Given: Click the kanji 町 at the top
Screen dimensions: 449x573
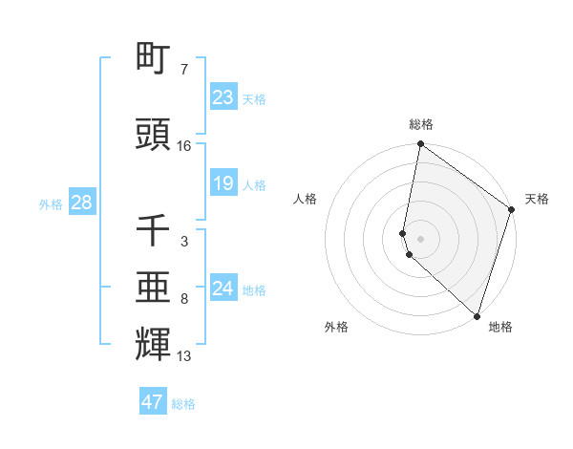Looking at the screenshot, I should pos(153,58).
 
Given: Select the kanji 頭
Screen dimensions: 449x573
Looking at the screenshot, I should pos(153,134).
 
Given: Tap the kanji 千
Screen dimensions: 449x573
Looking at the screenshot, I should pos(153,230).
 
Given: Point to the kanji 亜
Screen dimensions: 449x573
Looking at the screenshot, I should pos(153,288).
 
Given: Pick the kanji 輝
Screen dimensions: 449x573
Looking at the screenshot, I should pos(153,345).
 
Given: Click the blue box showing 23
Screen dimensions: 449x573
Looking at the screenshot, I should pos(223,97).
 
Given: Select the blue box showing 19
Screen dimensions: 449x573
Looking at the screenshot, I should pos(223,183).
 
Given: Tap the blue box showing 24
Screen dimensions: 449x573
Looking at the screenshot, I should pos(223,289).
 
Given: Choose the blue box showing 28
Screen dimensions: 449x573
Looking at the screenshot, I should pos(81,203).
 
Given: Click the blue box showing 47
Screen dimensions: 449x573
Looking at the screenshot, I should pos(153,402).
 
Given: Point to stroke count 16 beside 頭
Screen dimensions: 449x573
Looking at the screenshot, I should pos(184,146).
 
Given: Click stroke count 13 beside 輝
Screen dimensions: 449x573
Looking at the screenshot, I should pos(184,356).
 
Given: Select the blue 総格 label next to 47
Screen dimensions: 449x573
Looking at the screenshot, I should pos(183,404).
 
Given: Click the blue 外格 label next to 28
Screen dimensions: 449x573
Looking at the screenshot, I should pos(50,204).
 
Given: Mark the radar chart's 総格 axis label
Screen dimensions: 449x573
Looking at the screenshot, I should pos(421,124).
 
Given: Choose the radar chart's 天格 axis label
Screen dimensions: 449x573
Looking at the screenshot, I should pos(537,199).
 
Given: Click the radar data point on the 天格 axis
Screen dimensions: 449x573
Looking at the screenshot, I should pos(512,209).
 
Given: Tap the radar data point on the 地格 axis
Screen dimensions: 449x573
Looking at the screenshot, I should pos(477,315).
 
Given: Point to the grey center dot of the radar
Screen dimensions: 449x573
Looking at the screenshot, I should pos(421,238).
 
